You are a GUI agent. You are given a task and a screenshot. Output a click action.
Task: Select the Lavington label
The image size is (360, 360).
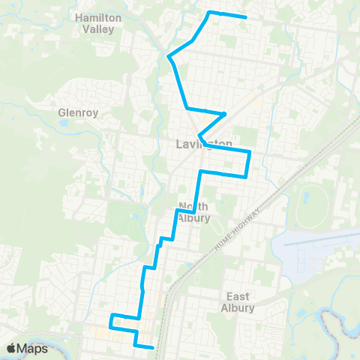203,143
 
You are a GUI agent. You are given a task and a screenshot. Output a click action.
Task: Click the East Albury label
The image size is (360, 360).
238,301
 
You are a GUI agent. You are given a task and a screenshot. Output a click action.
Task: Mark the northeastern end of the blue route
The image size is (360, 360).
246,17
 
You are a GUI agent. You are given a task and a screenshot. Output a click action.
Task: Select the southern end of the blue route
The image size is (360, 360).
152,347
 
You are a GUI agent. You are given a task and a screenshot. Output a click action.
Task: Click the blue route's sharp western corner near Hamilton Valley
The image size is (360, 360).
168,56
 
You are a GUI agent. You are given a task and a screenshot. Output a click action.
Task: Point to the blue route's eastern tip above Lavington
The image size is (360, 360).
224,114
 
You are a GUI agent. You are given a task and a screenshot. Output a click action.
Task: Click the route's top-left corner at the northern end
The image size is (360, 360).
209,12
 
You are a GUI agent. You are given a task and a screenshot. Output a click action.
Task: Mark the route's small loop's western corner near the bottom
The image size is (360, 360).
110,316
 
